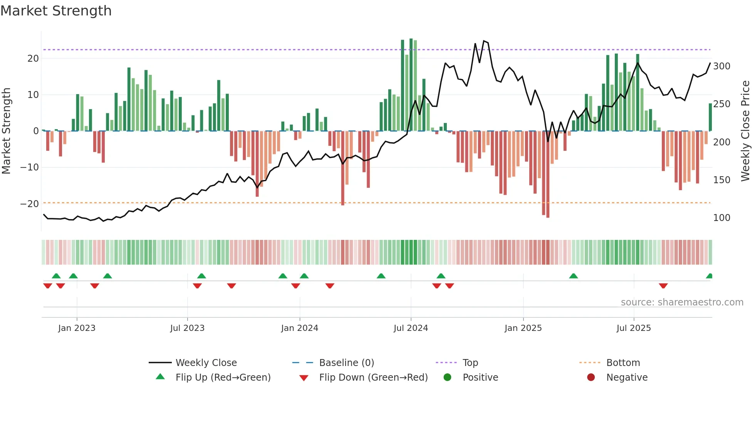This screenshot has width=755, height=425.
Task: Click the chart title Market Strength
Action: [x=56, y=11]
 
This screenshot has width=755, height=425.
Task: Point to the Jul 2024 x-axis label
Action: [x=411, y=328]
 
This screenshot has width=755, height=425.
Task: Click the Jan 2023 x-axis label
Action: [x=77, y=328]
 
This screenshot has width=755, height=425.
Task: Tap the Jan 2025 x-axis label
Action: [x=523, y=328]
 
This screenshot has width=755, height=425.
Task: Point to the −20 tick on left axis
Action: [x=30, y=204]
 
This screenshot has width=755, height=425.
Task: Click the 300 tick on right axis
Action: [x=721, y=66]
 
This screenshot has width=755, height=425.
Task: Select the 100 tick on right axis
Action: [x=721, y=218]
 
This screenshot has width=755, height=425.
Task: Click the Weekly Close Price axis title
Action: [x=745, y=131]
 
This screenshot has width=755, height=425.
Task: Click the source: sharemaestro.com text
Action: [x=682, y=302]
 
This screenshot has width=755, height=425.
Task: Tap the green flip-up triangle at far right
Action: [x=710, y=276]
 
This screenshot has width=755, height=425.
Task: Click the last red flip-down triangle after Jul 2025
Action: [x=663, y=286]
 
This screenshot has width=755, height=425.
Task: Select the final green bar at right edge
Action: [x=710, y=117]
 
